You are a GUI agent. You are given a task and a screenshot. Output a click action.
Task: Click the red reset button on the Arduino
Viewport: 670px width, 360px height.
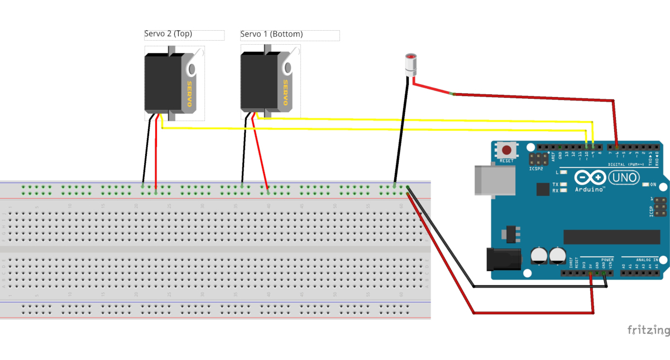pyautogui.click(x=507, y=150)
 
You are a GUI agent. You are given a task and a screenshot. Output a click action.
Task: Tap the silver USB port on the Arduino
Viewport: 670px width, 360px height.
pyautogui.click(x=486, y=180)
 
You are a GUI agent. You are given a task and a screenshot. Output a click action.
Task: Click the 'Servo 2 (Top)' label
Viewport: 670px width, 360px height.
pyautogui.click(x=168, y=34)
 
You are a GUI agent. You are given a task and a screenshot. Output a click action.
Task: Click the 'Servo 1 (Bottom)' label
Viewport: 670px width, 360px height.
pyautogui.click(x=271, y=34)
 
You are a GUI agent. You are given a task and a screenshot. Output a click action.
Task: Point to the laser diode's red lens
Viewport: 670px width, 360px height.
pyautogui.click(x=411, y=57)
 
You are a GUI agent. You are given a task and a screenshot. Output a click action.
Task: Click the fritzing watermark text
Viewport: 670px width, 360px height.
pyautogui.click(x=648, y=330)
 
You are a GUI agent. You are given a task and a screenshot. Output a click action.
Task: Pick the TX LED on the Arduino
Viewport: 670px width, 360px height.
pyautogui.click(x=564, y=184)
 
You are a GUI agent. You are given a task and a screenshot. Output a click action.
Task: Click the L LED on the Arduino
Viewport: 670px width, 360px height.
pyautogui.click(x=564, y=172)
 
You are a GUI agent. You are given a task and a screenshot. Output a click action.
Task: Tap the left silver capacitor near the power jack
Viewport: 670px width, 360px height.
pyautogui.click(x=539, y=256)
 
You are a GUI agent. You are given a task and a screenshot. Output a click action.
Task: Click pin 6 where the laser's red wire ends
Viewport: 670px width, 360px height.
pyautogui.click(x=616, y=146)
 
